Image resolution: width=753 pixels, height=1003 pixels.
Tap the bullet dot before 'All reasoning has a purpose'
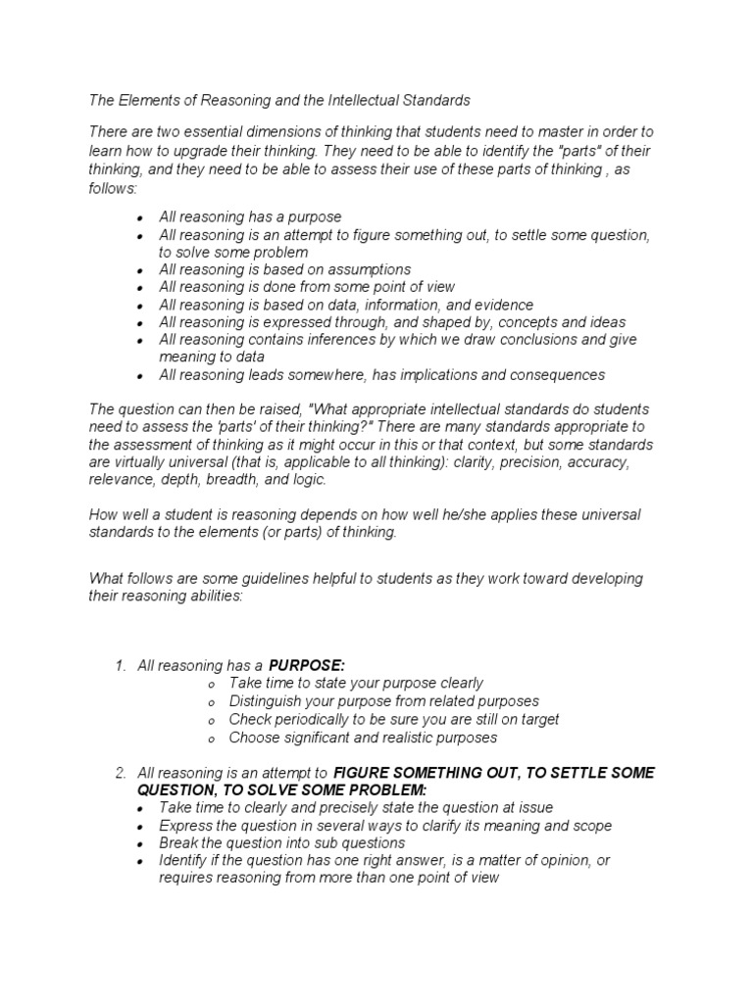(x=141, y=217)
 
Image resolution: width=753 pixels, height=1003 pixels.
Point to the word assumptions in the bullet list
(x=362, y=269)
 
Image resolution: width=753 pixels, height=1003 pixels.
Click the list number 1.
(x=120, y=666)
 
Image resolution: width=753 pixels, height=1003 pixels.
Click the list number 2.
(x=120, y=774)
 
